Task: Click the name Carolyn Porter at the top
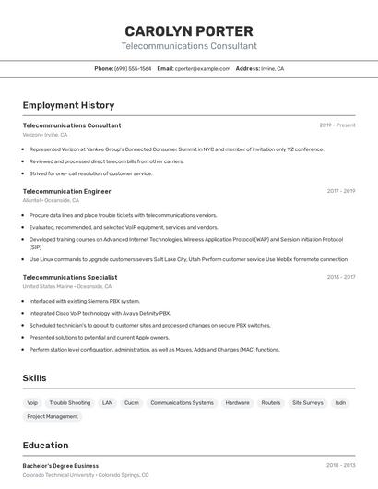coord(189,30)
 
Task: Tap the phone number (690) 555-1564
coord(133,68)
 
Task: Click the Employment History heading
coord(68,105)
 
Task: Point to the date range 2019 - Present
coord(337,125)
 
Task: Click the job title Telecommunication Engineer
coord(66,191)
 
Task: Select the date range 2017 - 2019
coord(340,191)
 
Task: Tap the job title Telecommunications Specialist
coord(70,277)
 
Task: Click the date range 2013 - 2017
coord(340,277)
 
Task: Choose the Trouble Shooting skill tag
coord(70,402)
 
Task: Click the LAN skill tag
coord(107,402)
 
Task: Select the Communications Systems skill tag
coord(182,402)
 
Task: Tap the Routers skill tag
coord(271,402)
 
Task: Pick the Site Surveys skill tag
coord(308,402)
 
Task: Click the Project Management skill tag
coord(53,416)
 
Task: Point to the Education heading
coord(45,445)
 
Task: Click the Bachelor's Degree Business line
coord(61,466)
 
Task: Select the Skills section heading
coord(34,378)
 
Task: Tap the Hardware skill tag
coord(238,402)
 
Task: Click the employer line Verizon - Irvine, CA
coord(45,135)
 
